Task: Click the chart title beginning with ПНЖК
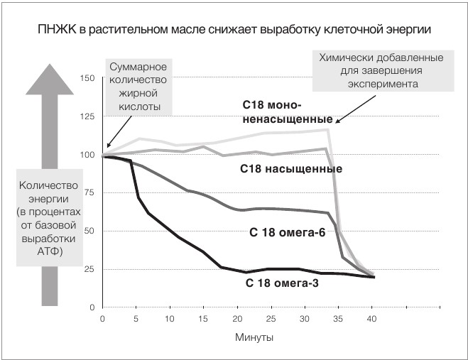(x=234, y=30)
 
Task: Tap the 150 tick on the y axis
(x=89, y=77)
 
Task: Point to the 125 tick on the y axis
(x=89, y=116)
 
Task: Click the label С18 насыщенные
(x=291, y=169)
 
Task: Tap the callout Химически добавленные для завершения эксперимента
(x=381, y=71)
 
